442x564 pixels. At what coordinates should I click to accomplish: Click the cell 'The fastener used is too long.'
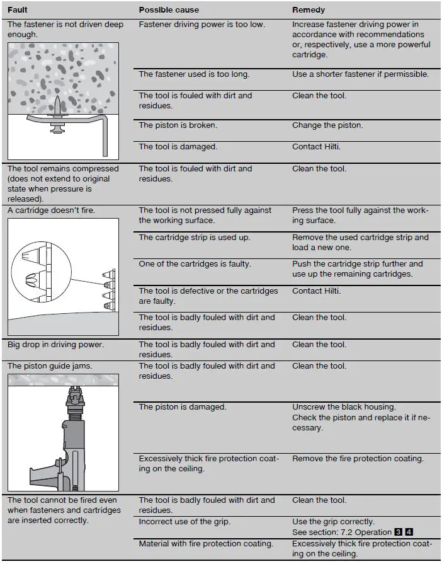point(194,74)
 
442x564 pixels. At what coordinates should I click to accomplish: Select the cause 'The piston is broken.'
point(178,125)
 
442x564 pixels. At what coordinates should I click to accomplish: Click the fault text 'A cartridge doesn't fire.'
point(51,210)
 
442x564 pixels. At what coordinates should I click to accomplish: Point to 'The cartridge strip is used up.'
point(194,238)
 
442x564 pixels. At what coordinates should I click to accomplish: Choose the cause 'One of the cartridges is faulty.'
point(195,264)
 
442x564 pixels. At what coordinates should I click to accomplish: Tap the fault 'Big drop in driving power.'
point(55,345)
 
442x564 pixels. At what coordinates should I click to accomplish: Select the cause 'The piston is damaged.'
point(182,407)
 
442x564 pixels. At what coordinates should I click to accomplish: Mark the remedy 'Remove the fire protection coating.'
point(358,459)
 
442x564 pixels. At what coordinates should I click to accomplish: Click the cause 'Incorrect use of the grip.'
point(186,522)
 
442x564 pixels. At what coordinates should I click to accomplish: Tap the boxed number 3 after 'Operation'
point(399,532)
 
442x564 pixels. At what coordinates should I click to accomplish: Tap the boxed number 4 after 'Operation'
point(409,532)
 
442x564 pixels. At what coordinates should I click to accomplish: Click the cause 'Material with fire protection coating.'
point(206,544)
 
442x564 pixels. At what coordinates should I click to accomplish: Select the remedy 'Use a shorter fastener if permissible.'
point(360,74)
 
